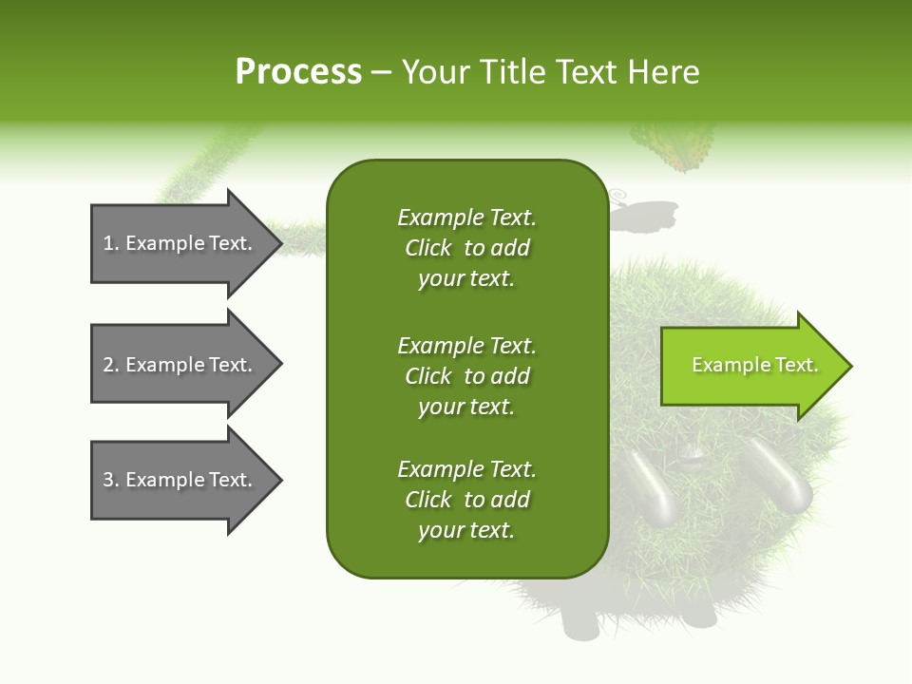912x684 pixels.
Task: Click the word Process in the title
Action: (298, 72)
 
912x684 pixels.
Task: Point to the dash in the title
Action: (382, 73)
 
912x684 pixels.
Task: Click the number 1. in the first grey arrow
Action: (111, 243)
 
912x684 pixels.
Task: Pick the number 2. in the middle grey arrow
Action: (111, 365)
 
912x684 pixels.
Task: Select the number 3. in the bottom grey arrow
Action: (111, 480)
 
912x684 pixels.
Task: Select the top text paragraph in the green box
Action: (466, 248)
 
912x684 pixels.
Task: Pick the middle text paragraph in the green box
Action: (466, 376)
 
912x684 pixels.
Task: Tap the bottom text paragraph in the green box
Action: (466, 500)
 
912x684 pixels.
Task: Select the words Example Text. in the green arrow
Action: (754, 365)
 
